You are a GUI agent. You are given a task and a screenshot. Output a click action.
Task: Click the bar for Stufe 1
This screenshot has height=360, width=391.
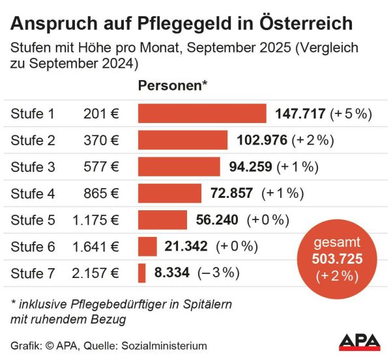point(202,113)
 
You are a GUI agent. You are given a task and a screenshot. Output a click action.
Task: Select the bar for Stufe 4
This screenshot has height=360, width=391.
point(169,193)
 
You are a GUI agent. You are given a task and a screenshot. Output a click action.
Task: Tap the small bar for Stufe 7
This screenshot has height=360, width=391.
point(141,273)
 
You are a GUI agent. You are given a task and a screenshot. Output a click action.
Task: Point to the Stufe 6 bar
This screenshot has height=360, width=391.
point(147,246)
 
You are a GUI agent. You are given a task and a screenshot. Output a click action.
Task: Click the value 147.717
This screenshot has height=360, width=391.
point(300,113)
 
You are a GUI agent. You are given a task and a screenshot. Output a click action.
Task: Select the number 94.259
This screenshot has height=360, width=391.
point(251,167)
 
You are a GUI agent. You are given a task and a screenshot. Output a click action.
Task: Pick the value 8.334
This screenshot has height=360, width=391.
point(172,273)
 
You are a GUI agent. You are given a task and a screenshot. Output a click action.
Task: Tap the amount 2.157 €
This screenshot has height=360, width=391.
point(96,273)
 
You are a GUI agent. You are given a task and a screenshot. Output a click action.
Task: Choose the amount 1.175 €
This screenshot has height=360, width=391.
point(96,219)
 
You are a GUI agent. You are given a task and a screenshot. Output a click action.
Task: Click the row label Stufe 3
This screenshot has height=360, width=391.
point(33,167)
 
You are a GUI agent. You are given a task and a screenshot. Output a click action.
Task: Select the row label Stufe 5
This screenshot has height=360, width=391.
point(33,219)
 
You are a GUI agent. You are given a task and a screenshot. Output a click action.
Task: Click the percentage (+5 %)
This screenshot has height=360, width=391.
point(351,113)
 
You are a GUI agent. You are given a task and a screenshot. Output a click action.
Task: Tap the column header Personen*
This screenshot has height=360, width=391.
point(173,86)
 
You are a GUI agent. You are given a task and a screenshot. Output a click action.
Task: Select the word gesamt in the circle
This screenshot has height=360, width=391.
point(337,243)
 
